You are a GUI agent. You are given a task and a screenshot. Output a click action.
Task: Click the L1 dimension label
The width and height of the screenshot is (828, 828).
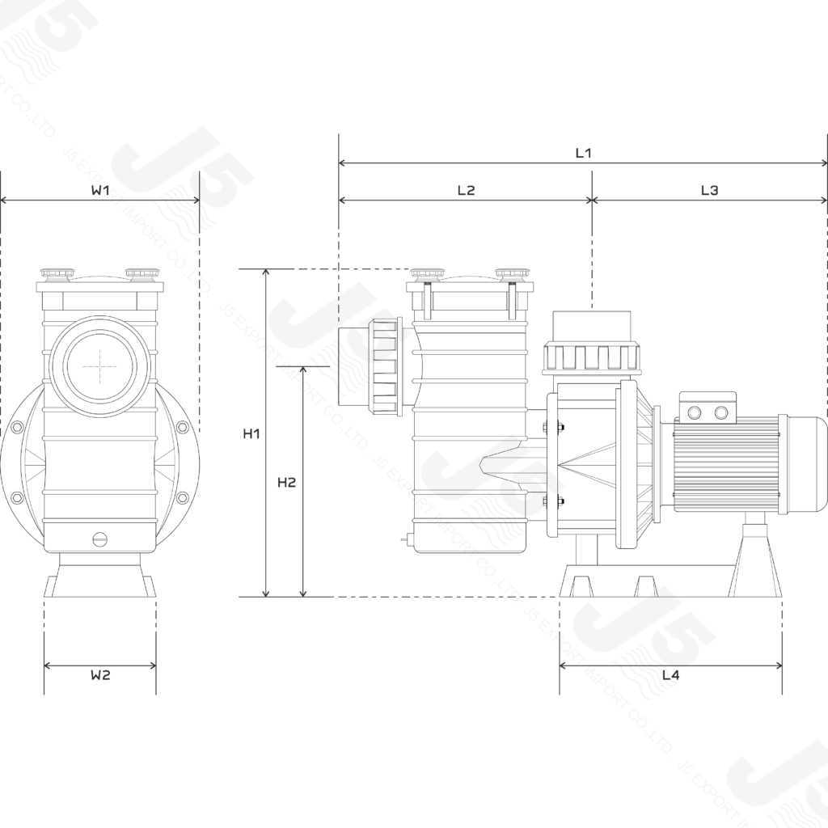pyautogui.click(x=584, y=152)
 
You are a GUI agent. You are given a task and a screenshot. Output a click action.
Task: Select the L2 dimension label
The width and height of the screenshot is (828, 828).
pyautogui.click(x=467, y=190)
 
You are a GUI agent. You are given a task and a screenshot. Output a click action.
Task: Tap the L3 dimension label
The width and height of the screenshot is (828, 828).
pyautogui.click(x=709, y=190)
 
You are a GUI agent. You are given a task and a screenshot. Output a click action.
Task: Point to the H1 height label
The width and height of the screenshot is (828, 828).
pyautogui.click(x=251, y=433)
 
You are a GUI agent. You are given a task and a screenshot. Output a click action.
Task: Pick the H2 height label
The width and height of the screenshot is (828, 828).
pyautogui.click(x=286, y=483)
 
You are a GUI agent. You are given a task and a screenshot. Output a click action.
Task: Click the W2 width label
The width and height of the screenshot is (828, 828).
pyautogui.click(x=99, y=675)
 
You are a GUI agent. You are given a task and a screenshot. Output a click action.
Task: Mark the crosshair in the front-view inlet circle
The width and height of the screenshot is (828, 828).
pyautogui.click(x=100, y=367)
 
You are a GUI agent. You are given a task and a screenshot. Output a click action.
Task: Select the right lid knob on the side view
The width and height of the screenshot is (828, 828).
pyautogui.click(x=509, y=275)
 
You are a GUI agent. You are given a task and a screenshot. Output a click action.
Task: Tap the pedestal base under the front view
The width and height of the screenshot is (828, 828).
pyautogui.click(x=99, y=577)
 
